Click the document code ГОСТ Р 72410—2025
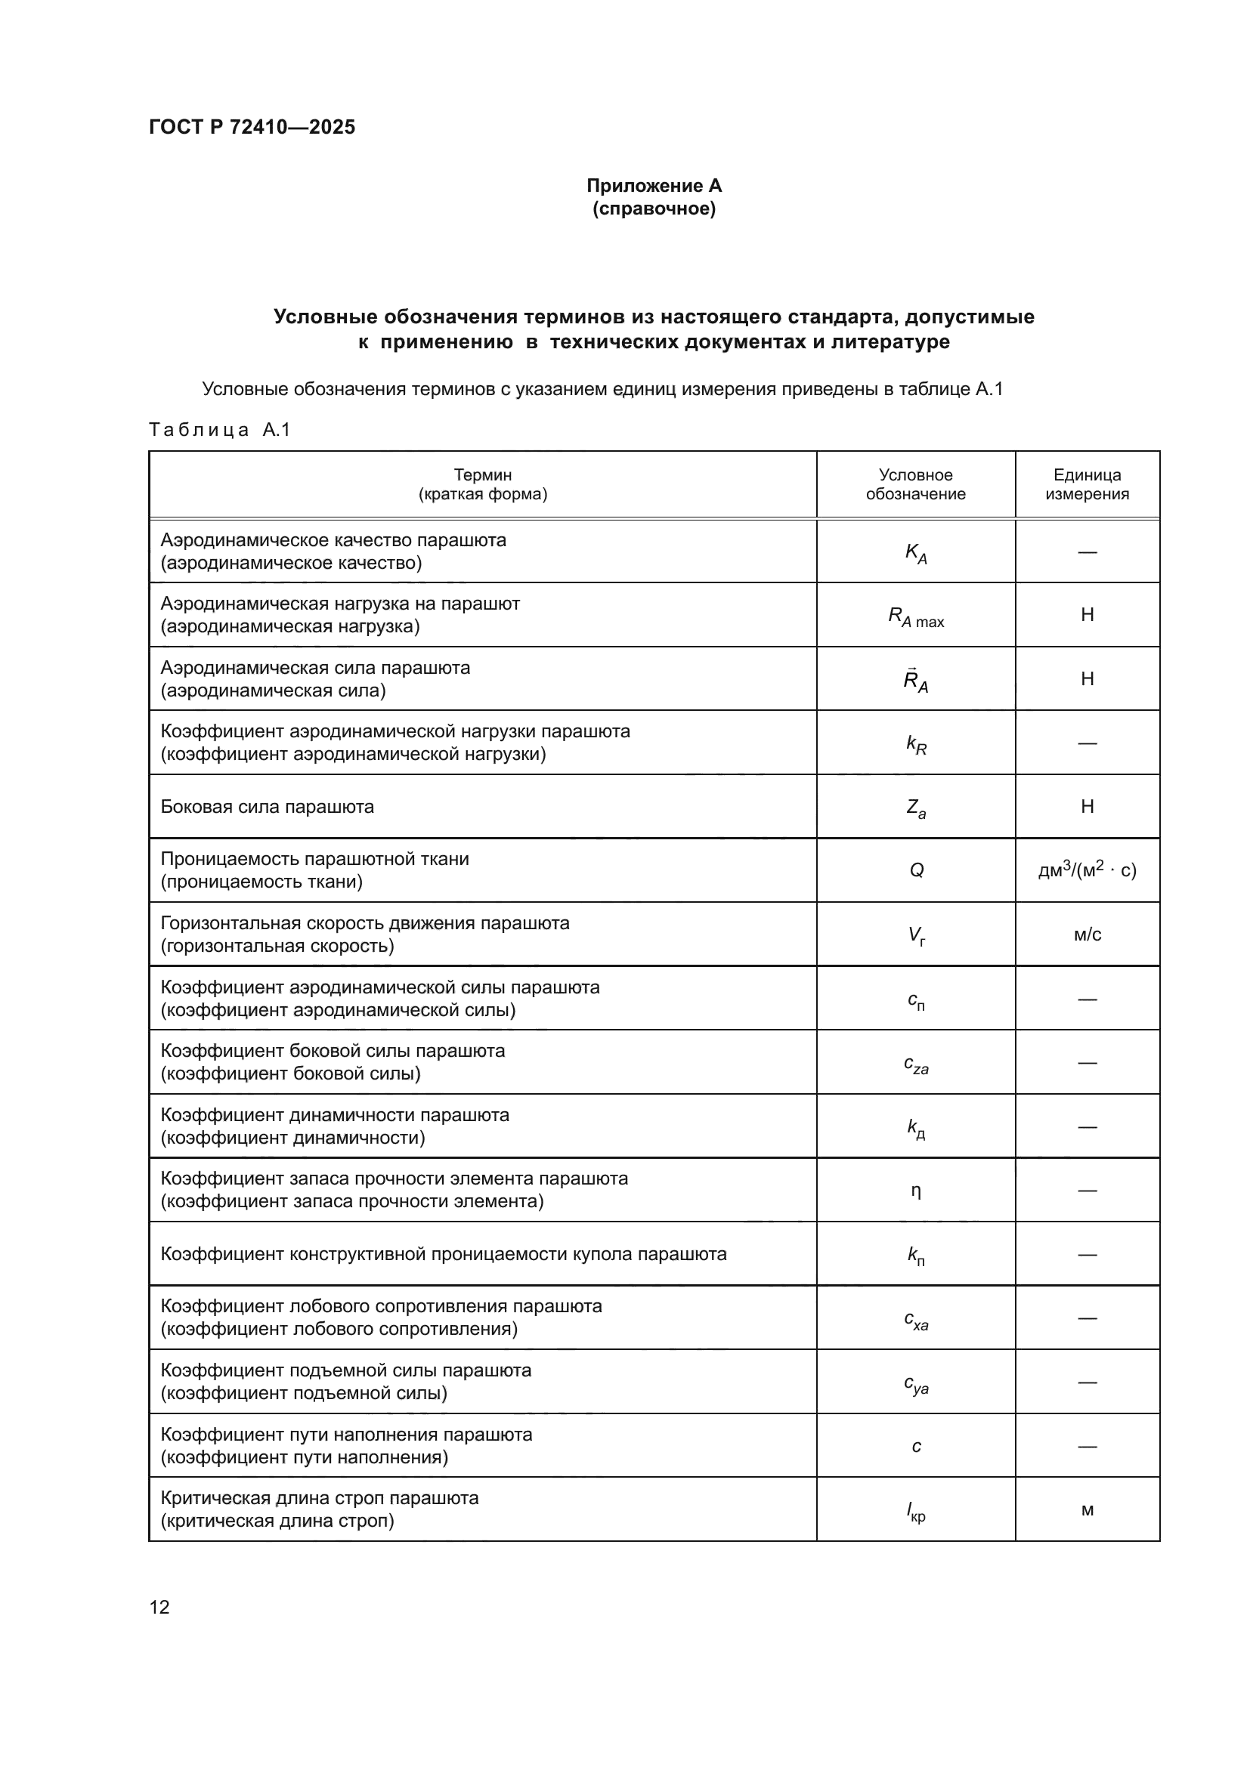click(x=252, y=127)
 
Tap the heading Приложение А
click(x=654, y=186)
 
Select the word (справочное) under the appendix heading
click(x=654, y=209)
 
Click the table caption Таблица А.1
click(x=219, y=429)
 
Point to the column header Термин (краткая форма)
click(x=483, y=484)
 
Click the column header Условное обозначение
click(x=915, y=484)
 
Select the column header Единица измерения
click(x=1087, y=484)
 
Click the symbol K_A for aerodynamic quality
click(x=916, y=552)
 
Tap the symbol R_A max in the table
click(x=916, y=616)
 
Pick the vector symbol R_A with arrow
click(x=916, y=680)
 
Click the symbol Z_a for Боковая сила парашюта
click(x=916, y=808)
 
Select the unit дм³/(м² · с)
click(x=1087, y=870)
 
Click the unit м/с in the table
click(x=1087, y=934)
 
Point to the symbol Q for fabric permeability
click(x=916, y=870)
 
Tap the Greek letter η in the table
click(x=916, y=1191)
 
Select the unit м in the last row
click(x=1087, y=1510)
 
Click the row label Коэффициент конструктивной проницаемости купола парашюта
click(x=444, y=1254)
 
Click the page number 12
click(x=159, y=1607)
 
